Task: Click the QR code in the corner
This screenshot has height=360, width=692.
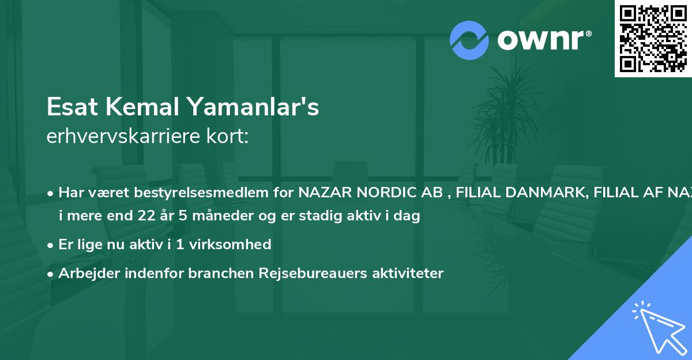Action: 653,38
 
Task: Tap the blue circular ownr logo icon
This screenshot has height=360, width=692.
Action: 469,40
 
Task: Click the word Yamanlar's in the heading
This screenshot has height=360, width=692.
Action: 252,107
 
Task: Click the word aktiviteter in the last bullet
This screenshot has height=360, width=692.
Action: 407,273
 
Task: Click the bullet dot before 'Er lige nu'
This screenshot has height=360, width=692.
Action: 51,245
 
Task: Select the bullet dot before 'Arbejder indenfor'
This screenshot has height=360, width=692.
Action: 51,273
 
